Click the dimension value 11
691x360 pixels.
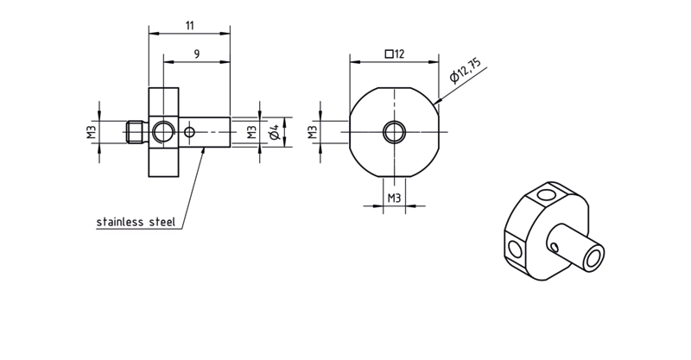(189, 26)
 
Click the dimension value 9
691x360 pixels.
(197, 54)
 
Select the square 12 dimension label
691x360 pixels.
(395, 54)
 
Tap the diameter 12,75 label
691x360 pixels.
(465, 70)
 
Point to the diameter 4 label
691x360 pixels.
(274, 132)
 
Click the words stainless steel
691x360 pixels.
(136, 222)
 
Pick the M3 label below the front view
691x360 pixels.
(394, 199)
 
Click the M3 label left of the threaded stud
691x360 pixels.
(92, 132)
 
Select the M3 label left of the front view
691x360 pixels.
(313, 132)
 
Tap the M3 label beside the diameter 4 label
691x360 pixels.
(251, 132)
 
